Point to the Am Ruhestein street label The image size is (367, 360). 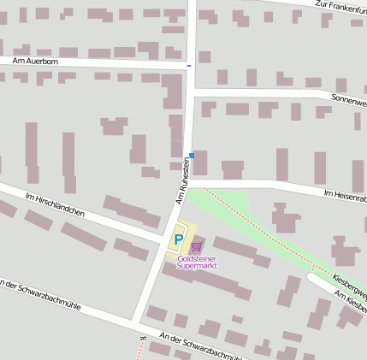[181, 180]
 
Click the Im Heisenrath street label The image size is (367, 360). [345, 197]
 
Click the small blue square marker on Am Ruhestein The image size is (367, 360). [192, 156]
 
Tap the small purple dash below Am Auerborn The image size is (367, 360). [189, 64]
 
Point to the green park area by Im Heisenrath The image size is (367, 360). [222, 204]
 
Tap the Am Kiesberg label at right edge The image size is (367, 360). [352, 301]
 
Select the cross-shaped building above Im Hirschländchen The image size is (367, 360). [114, 127]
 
